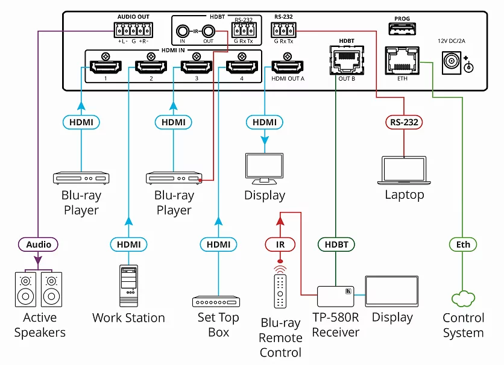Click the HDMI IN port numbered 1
pos(106,67)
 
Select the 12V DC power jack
pos(454,62)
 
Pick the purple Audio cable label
pos(39,245)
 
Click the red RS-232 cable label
pos(404,122)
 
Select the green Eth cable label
pos(462,245)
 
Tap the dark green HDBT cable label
pos(336,245)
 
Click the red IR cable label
pos(280,245)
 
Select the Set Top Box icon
pos(218,301)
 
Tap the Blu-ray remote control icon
pos(280,290)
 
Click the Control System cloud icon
pos(463,298)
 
